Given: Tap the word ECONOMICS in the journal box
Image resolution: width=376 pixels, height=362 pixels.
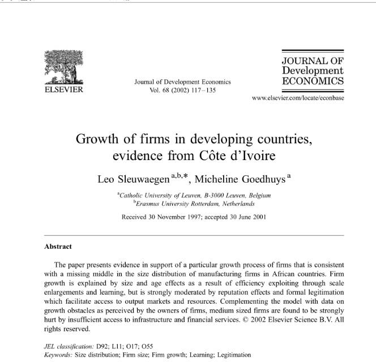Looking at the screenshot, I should [313, 81].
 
